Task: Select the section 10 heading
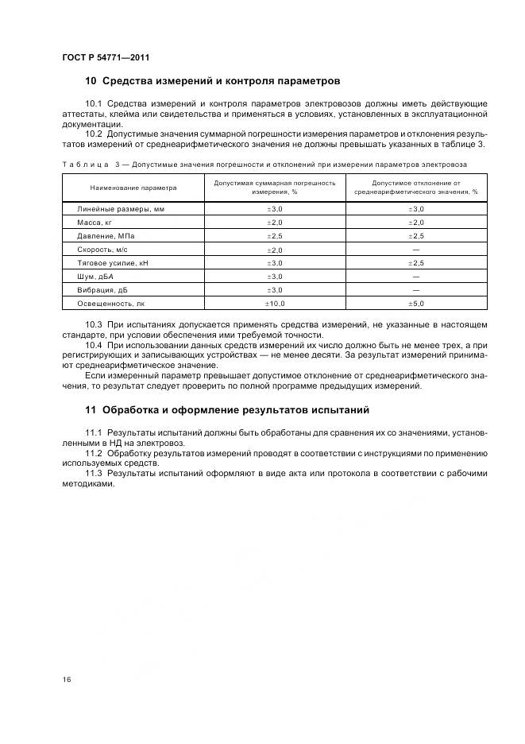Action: (x=212, y=81)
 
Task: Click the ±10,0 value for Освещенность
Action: (x=274, y=303)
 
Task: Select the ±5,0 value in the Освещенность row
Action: (x=415, y=303)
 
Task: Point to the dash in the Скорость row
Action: (x=415, y=250)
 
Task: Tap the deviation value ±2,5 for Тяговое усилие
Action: (x=415, y=262)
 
